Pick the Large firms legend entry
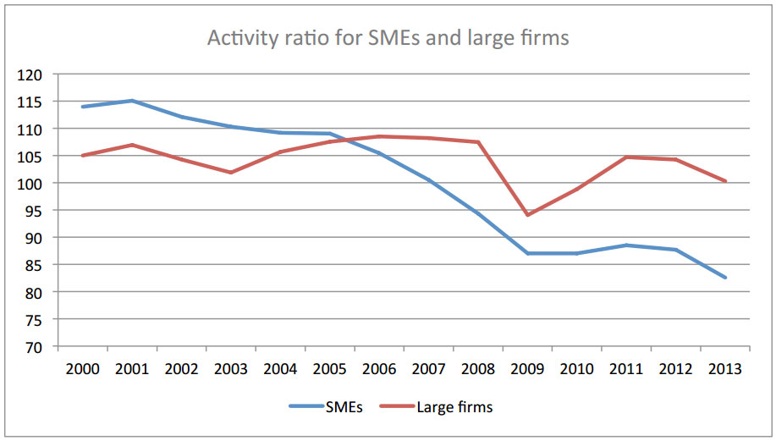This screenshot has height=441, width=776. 454,407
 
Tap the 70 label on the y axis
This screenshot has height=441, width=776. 33,347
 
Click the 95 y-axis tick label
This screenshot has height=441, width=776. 33,211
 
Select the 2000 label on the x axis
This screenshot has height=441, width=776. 82,369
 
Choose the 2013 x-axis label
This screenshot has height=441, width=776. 724,369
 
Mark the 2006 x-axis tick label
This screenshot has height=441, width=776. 378,369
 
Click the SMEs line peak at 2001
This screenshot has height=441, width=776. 132,101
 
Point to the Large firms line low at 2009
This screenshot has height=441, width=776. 527,215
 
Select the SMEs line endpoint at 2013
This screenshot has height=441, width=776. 725,278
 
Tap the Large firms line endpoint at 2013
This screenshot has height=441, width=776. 725,181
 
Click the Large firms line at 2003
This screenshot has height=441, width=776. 231,173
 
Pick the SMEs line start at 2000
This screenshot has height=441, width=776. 82,107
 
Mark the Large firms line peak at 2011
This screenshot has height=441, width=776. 626,157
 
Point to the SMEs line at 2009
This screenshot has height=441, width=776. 527,253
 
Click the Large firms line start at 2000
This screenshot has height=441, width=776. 82,156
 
